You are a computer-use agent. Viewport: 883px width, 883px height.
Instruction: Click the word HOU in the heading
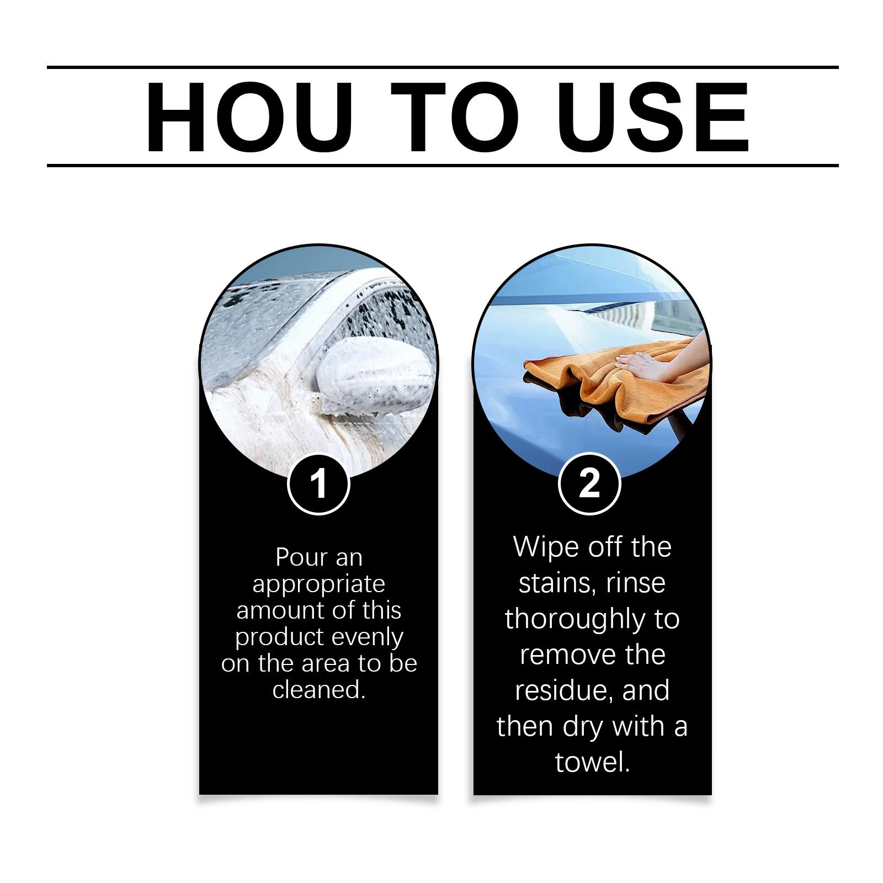[x=249, y=117]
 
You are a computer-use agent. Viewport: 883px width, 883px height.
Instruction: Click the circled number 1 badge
[x=318, y=484]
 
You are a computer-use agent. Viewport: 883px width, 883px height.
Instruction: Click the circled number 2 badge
[x=589, y=484]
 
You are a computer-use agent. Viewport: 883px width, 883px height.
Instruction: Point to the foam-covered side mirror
[x=376, y=375]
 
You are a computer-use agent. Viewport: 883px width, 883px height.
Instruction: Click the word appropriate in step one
[x=318, y=585]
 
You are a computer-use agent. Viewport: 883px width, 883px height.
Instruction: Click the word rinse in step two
[x=636, y=584]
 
